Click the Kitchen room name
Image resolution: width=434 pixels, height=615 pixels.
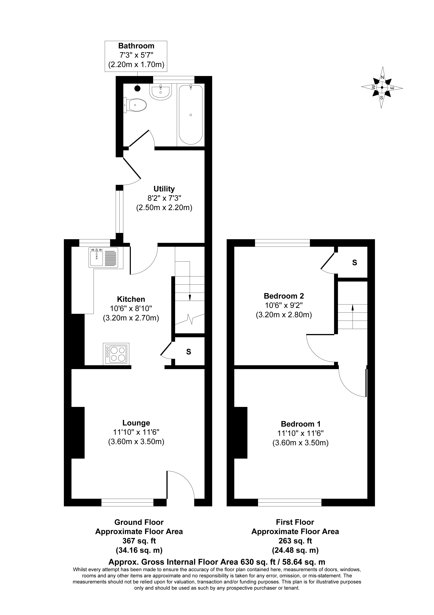coord(131,299)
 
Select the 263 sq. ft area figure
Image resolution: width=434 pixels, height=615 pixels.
coord(295,541)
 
